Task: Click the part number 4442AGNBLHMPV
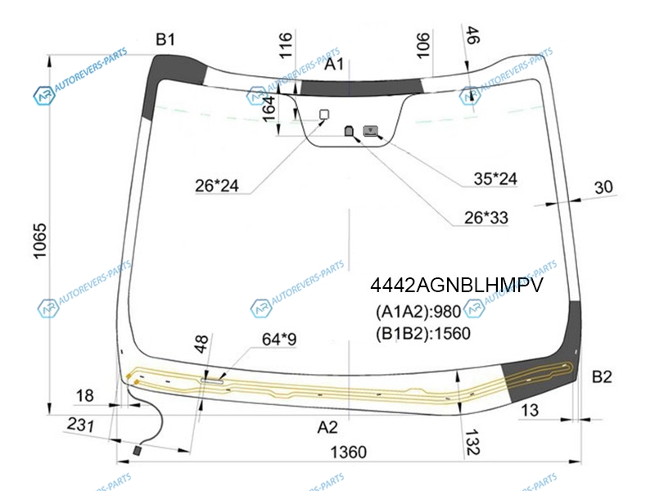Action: [x=457, y=286]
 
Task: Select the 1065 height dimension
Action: [x=39, y=241]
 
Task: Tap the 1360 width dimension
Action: [x=349, y=453]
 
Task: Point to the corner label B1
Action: [x=165, y=39]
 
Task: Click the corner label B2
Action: [x=602, y=377]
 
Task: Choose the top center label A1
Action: [x=334, y=65]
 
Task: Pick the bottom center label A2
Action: [x=327, y=427]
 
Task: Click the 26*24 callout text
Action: [x=217, y=186]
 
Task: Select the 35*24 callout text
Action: [x=495, y=178]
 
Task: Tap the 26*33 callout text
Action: [x=486, y=218]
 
